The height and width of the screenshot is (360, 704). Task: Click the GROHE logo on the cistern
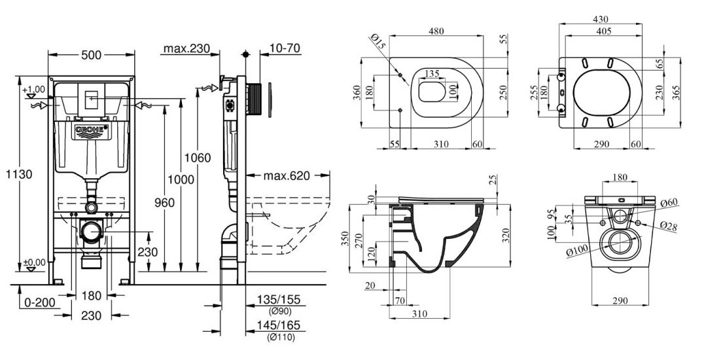90,131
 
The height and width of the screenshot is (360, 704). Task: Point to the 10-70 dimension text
285,48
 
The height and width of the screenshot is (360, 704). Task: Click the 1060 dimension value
198,157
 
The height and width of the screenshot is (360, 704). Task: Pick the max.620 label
287,175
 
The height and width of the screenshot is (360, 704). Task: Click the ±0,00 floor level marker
34,262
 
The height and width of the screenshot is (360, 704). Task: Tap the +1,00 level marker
33,90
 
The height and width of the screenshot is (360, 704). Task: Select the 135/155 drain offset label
279,300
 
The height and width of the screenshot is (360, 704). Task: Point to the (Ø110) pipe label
280,338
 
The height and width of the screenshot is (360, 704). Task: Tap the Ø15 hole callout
377,43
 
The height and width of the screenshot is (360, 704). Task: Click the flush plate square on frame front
91,96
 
